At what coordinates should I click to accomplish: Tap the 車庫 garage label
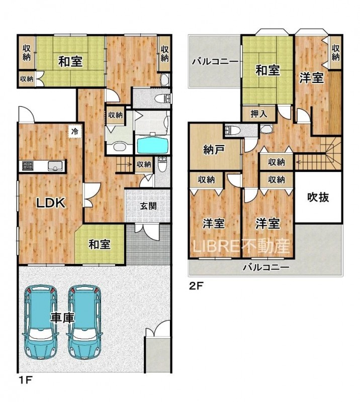point(62,318)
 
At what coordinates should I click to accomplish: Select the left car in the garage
point(41,322)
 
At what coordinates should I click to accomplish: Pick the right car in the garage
point(84,322)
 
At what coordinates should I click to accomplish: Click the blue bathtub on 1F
point(153,145)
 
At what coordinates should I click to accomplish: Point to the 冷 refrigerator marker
point(75,132)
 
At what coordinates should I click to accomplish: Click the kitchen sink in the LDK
point(56,166)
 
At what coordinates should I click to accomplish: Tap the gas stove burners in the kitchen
point(28,165)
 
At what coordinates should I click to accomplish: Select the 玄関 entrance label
point(148,206)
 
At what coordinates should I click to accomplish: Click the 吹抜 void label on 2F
point(318,197)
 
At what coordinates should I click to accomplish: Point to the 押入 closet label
point(258,114)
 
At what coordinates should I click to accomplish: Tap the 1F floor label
point(25,379)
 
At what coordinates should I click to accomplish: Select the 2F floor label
point(196,285)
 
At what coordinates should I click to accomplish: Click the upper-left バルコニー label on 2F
point(216,62)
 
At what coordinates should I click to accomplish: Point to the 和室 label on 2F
point(267,70)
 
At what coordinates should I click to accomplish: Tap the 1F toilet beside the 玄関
point(162,164)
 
